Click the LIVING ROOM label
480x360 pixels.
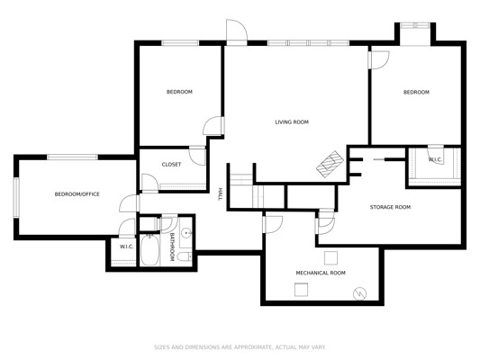292,122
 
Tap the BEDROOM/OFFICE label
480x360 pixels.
77,194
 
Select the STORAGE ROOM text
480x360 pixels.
390,207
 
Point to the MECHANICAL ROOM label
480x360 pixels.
321,273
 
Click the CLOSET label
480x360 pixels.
171,165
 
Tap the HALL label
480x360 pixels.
220,194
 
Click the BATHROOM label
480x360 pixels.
172,247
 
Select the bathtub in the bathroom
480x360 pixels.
149,249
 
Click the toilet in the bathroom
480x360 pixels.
185,256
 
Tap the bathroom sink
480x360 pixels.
186,233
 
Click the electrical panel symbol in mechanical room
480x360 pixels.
359,294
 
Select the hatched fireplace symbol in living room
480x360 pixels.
330,164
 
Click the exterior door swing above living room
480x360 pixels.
237,31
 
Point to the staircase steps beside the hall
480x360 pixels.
242,179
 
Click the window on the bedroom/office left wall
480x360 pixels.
16,198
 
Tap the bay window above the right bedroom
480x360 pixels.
415,26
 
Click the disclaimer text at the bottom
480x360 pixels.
240,347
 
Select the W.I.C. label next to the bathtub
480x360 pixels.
126,247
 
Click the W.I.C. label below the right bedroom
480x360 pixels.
435,159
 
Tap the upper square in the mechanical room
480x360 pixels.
331,258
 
